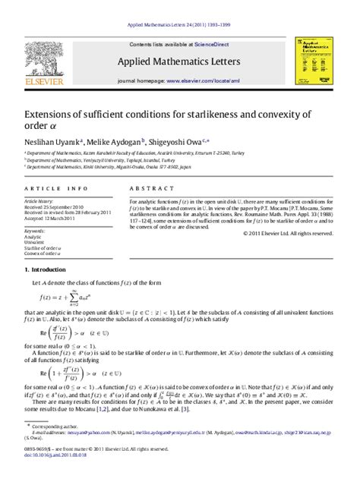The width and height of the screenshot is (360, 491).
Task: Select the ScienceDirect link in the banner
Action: pos(214,44)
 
